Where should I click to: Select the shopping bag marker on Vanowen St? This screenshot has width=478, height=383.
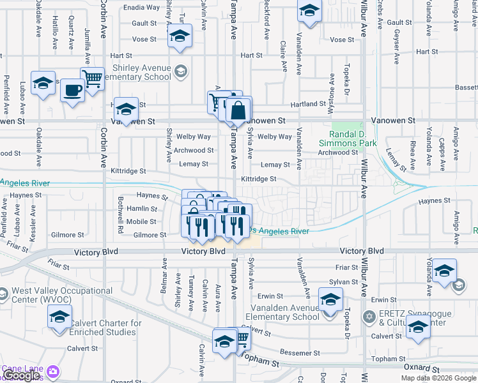pyautogui.click(x=238, y=110)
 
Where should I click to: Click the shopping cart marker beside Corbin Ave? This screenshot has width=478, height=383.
pyautogui.click(x=93, y=79)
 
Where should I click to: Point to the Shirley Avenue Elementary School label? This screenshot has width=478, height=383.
pyautogui.click(x=141, y=72)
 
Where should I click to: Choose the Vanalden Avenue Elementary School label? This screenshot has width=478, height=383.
pyautogui.click(x=282, y=312)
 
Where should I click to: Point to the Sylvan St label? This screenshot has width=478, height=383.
pyautogui.click(x=344, y=282)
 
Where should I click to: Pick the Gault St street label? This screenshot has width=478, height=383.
pyautogui.click(x=144, y=23)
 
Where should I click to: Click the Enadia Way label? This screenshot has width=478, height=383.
pyautogui.click(x=141, y=8)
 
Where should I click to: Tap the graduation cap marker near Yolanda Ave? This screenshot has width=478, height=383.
pyautogui.click(x=444, y=271)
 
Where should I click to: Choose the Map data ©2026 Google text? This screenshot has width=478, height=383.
pyautogui.click(x=438, y=378)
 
